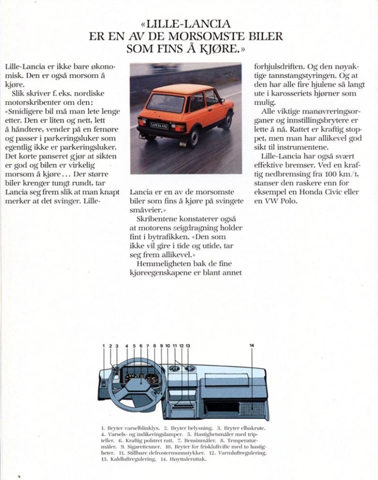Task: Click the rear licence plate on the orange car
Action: pyautogui.click(x=159, y=126)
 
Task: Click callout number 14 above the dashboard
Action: pyautogui.click(x=252, y=346)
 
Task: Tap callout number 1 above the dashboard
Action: pyautogui.click(x=104, y=346)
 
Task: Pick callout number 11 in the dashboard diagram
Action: pyautogui.click(x=174, y=346)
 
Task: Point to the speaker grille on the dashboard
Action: pyautogui.click(x=252, y=408)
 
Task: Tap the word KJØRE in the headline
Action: pyautogui.click(x=219, y=48)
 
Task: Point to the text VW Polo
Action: pyautogui.click(x=281, y=201)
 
